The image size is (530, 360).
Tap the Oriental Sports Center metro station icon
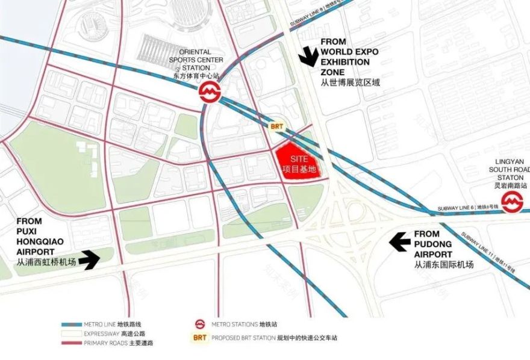(210, 92)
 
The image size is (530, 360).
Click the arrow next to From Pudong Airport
(400, 241)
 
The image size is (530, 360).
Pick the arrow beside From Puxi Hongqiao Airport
(89, 259)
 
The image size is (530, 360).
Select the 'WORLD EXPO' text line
(349, 52)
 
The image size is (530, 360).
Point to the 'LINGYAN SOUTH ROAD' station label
(509, 170)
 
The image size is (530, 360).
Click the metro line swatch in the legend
(72, 324)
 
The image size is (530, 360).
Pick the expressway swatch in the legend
(72, 334)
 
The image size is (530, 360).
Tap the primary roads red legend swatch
(72, 343)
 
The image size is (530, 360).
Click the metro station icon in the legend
(199, 324)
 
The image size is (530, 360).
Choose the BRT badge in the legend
(199, 337)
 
